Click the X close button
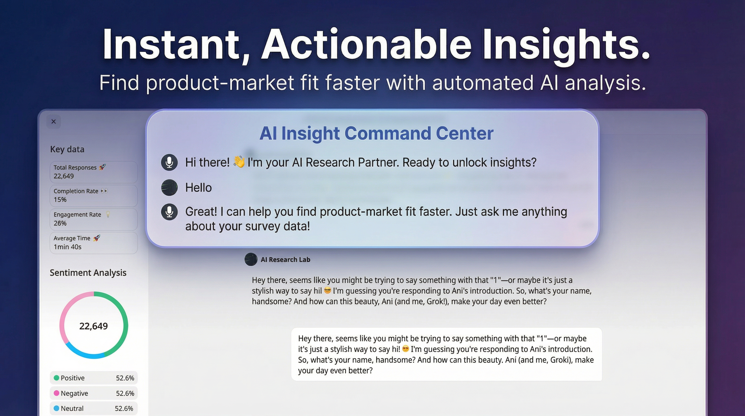click(54, 122)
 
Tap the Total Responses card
click(93, 172)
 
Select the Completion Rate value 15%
click(60, 200)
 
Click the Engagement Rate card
click(93, 219)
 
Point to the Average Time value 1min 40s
click(67, 247)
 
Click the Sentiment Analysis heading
click(88, 273)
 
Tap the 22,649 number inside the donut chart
click(93, 326)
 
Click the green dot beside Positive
click(56, 378)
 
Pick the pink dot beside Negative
click(56, 393)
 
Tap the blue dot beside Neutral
click(56, 408)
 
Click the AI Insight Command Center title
click(376, 133)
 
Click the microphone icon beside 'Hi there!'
click(169, 162)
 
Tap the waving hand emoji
click(239, 162)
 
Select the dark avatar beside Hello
click(169, 187)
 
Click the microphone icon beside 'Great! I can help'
click(169, 212)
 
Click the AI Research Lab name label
click(285, 259)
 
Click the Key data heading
click(67, 149)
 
